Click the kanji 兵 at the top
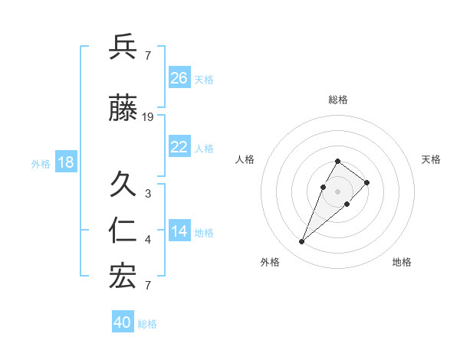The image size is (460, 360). coord(123,47)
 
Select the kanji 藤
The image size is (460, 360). coord(123,109)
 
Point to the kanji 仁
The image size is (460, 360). coord(123,231)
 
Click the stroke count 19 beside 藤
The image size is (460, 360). coord(148,117)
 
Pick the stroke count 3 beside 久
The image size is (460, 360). coord(148,194)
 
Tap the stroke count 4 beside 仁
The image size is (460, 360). coord(148,240)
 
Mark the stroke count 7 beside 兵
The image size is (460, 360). coord(148,55)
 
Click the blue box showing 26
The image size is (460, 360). coord(179,77)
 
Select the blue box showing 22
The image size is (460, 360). coord(179,147)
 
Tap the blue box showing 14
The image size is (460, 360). coord(179,231)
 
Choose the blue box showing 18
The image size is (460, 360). coord(65,162)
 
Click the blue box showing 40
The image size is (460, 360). coord(123,322)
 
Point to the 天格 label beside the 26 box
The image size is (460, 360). coord(204,79)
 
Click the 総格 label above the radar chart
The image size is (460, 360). coord(337,100)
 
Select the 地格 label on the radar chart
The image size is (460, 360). coord(402,262)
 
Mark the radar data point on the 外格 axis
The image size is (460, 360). coord(302,242)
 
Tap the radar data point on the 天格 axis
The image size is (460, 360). coord(367,182)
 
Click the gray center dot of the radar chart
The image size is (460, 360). coord(337,191)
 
